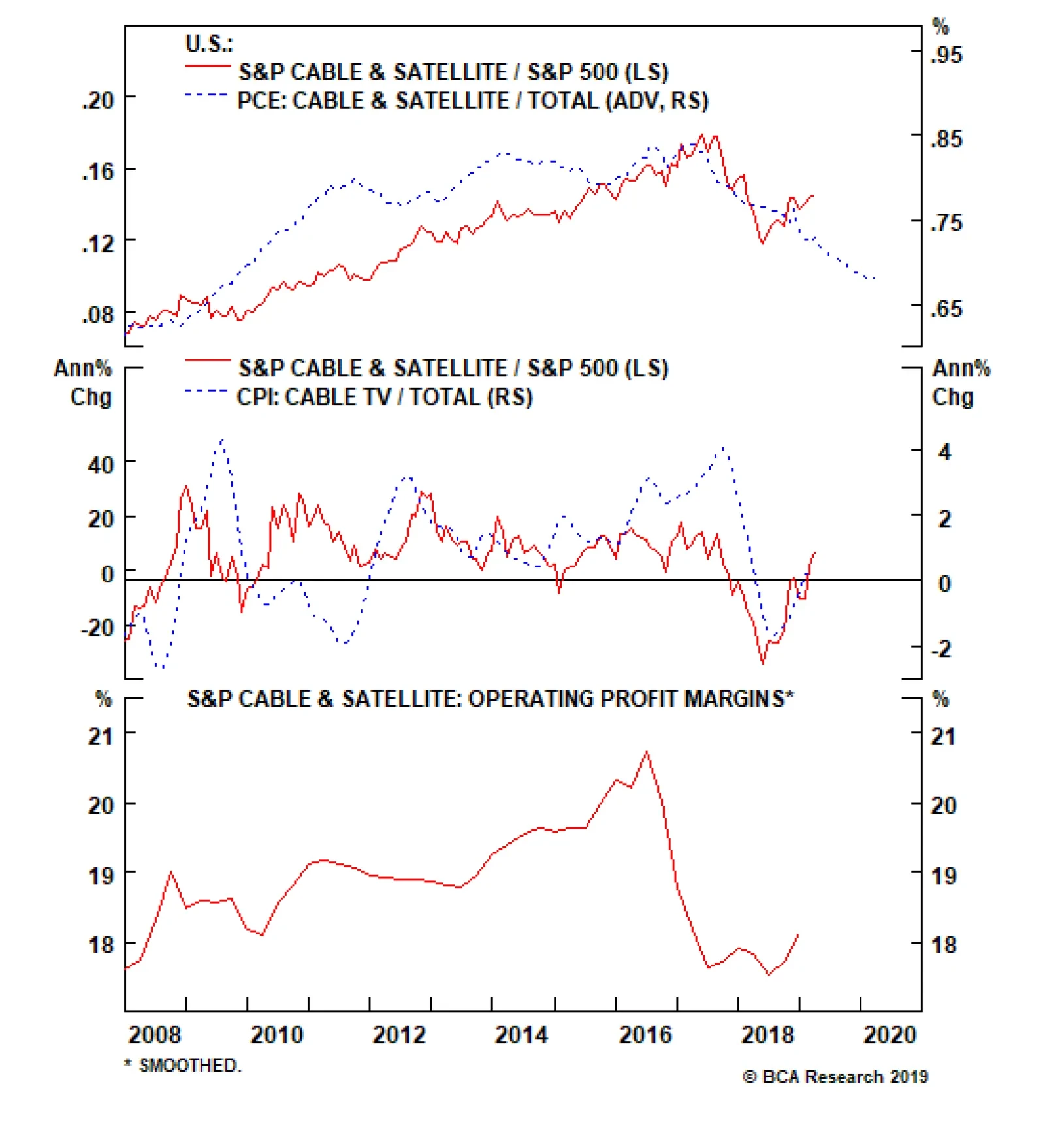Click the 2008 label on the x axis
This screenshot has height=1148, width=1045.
pos(154,1034)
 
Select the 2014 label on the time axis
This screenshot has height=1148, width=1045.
pos(521,1034)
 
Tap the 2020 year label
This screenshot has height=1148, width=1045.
pos(890,1034)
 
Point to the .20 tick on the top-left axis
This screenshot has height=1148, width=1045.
pos(98,101)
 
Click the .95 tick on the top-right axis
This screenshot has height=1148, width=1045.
pos(946,55)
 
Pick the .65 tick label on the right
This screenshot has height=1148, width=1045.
pos(946,308)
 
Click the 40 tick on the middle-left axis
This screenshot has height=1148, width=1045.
pos(101,465)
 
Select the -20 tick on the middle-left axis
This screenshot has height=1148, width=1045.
pos(97,628)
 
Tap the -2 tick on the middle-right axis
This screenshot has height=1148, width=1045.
pos(941,648)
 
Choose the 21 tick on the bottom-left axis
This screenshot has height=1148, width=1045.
pos(101,737)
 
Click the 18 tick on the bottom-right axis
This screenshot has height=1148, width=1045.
pos(942,944)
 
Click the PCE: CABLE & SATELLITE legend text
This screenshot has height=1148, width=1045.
pos(472,101)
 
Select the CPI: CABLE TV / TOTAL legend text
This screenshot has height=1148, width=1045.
pos(384,397)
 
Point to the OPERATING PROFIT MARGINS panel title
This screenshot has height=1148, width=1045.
pos(490,699)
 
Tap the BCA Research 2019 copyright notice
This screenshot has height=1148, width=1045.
pos(835,1076)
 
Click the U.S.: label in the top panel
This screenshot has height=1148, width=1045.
pos(209,44)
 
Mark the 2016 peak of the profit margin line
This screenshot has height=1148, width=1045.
pos(647,752)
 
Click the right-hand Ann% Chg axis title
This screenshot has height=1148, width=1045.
pos(960,383)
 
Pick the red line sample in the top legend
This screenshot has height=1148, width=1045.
pos(208,67)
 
